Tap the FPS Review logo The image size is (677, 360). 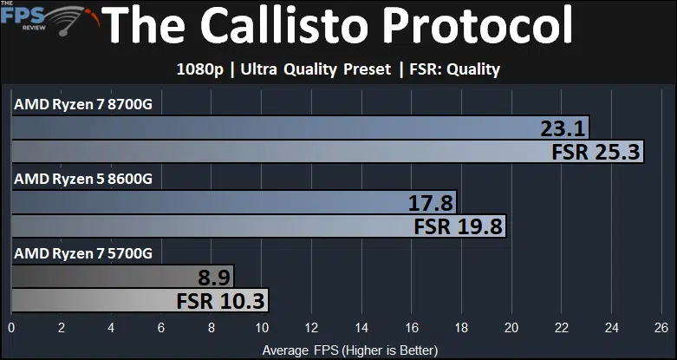click(x=49, y=18)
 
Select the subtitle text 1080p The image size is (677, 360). click(x=200, y=69)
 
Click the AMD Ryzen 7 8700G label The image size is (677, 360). click(x=83, y=105)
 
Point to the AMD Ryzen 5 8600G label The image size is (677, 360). click(x=83, y=179)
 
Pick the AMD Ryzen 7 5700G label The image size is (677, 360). click(x=83, y=253)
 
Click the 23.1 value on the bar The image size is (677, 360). click(x=563, y=128)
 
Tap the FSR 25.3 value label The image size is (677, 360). click(x=596, y=152)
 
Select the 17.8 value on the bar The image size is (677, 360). click(x=430, y=203)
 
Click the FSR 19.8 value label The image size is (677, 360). click(x=458, y=226)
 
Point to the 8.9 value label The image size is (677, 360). click(x=214, y=278)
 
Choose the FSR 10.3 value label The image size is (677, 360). click(x=220, y=301)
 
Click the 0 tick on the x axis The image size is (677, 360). click(x=11, y=328)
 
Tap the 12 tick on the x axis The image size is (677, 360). click(x=311, y=328)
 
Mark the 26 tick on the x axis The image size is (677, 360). click(x=661, y=328)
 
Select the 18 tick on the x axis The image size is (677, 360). click(x=461, y=328)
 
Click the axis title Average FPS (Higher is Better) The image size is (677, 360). click(x=349, y=350)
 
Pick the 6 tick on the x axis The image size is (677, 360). click(x=161, y=328)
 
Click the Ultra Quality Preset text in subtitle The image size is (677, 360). click(x=316, y=69)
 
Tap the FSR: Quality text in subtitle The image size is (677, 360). click(x=454, y=69)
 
